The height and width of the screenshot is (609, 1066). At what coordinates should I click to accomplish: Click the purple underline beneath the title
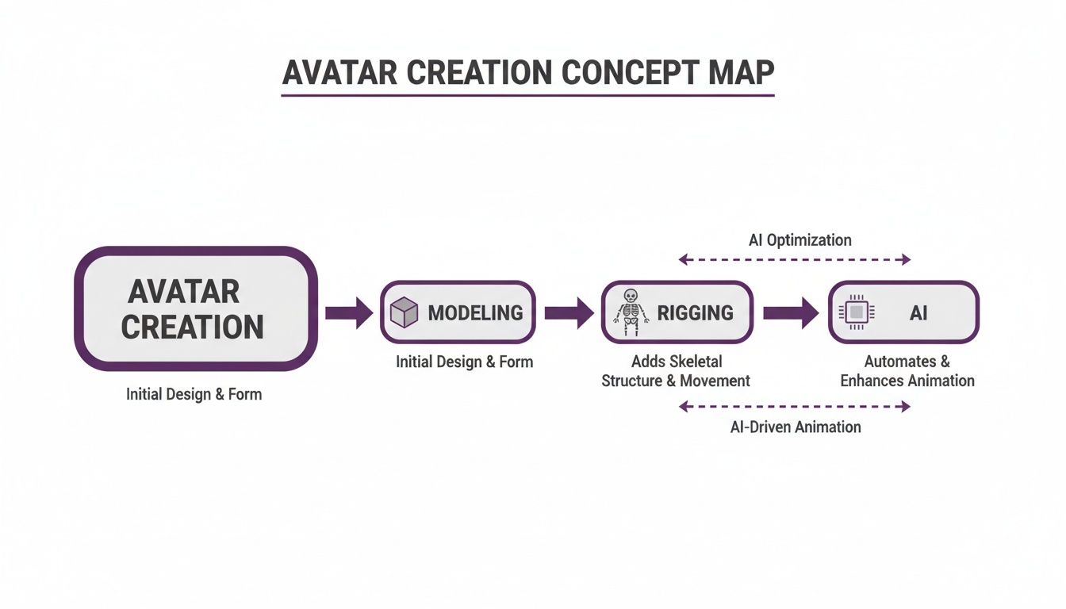pyautogui.click(x=527, y=96)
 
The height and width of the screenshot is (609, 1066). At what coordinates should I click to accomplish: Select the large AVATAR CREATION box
pyautogui.click(x=196, y=309)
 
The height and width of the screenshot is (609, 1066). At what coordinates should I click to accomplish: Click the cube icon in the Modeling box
pyautogui.click(x=405, y=313)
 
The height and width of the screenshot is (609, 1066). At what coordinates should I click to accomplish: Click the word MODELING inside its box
pyautogui.click(x=475, y=312)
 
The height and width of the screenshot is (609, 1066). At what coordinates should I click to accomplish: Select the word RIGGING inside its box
pyautogui.click(x=696, y=312)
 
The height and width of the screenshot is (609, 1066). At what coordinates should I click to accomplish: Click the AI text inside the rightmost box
pyautogui.click(x=918, y=312)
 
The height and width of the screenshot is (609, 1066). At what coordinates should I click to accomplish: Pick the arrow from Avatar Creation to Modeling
pyautogui.click(x=349, y=312)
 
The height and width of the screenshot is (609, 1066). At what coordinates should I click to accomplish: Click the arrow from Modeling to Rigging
pyautogui.click(x=569, y=312)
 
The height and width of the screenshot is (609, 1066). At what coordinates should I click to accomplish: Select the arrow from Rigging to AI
pyautogui.click(x=790, y=312)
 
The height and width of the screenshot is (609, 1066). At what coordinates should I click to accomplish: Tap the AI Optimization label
pyautogui.click(x=799, y=239)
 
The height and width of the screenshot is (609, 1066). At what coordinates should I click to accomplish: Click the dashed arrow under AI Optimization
pyautogui.click(x=796, y=259)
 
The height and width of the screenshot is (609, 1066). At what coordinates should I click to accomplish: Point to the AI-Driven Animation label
pyautogui.click(x=796, y=427)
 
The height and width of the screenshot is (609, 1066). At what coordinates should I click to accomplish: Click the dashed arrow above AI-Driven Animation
pyautogui.click(x=796, y=407)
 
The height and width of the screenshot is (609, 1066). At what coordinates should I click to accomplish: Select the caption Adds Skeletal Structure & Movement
pyautogui.click(x=676, y=371)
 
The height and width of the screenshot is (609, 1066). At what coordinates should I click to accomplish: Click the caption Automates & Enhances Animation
pyautogui.click(x=907, y=371)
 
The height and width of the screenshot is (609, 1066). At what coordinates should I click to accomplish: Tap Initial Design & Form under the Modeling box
pyautogui.click(x=465, y=362)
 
